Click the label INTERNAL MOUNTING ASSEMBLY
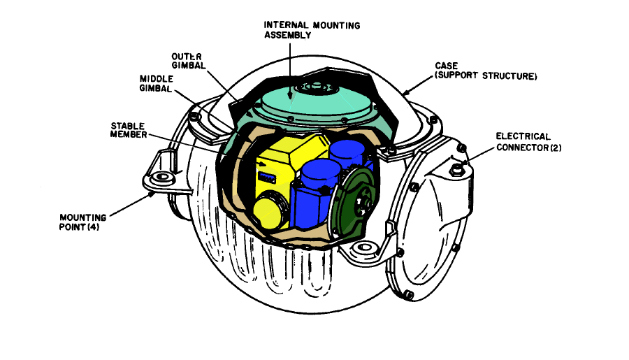pyautogui.click(x=312, y=30)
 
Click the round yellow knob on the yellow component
pyautogui.click(x=270, y=213)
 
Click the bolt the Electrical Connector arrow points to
pyautogui.click(x=456, y=168)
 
